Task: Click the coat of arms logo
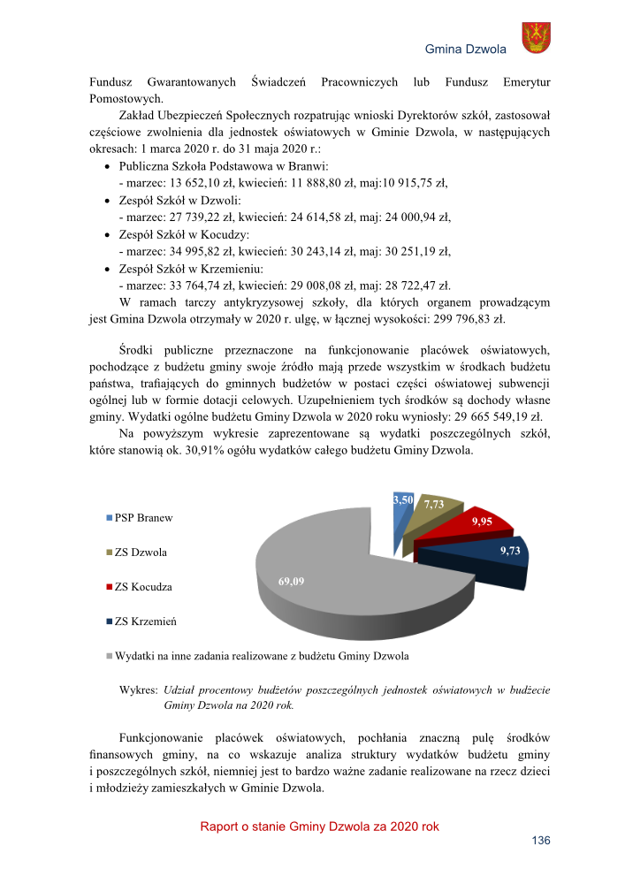coord(536,37)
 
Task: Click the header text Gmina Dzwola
coord(466,49)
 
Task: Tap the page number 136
coord(540,841)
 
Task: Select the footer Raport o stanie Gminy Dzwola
coord(319,827)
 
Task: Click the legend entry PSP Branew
coord(143,518)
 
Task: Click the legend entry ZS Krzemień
coord(145,621)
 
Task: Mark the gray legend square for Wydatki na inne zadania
coord(111,656)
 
